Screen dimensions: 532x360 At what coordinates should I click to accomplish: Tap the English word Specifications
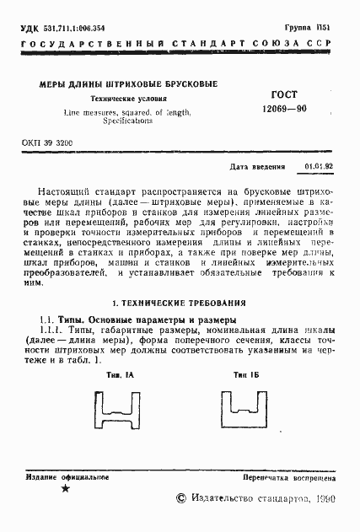128,121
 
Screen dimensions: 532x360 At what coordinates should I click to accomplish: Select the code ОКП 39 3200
47,143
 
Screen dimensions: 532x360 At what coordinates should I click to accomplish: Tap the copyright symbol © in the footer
180,499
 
